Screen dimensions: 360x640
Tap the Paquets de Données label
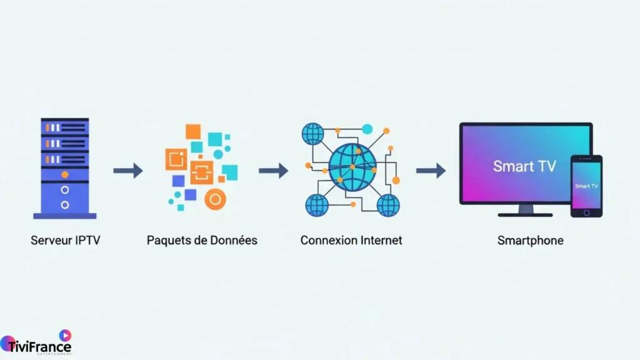pyautogui.click(x=202, y=240)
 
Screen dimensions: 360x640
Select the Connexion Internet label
pyautogui.click(x=351, y=240)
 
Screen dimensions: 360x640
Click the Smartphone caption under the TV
pyautogui.click(x=530, y=240)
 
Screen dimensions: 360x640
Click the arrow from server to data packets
pyautogui.click(x=127, y=171)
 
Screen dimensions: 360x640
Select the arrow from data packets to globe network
pyautogui.click(x=273, y=171)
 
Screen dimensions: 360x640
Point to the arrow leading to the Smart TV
pyautogui.click(x=431, y=171)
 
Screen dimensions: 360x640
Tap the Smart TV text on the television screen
pyautogui.click(x=524, y=166)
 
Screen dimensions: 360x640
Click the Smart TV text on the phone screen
pyautogui.click(x=586, y=186)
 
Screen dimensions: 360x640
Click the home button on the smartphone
pyautogui.click(x=586, y=212)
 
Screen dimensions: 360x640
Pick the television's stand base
pyautogui.click(x=525, y=214)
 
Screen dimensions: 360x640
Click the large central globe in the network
pyautogui.click(x=352, y=167)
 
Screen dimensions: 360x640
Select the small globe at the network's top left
pyautogui.click(x=312, y=133)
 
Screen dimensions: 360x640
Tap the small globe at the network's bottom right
pyautogui.click(x=388, y=204)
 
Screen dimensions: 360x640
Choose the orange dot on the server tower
pyautogui.click(x=64, y=174)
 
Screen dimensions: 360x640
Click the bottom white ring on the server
pyautogui.click(x=64, y=204)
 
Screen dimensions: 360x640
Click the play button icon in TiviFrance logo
pyautogui.click(x=65, y=335)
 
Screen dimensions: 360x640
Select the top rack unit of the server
pyautogui.click(x=64, y=127)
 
